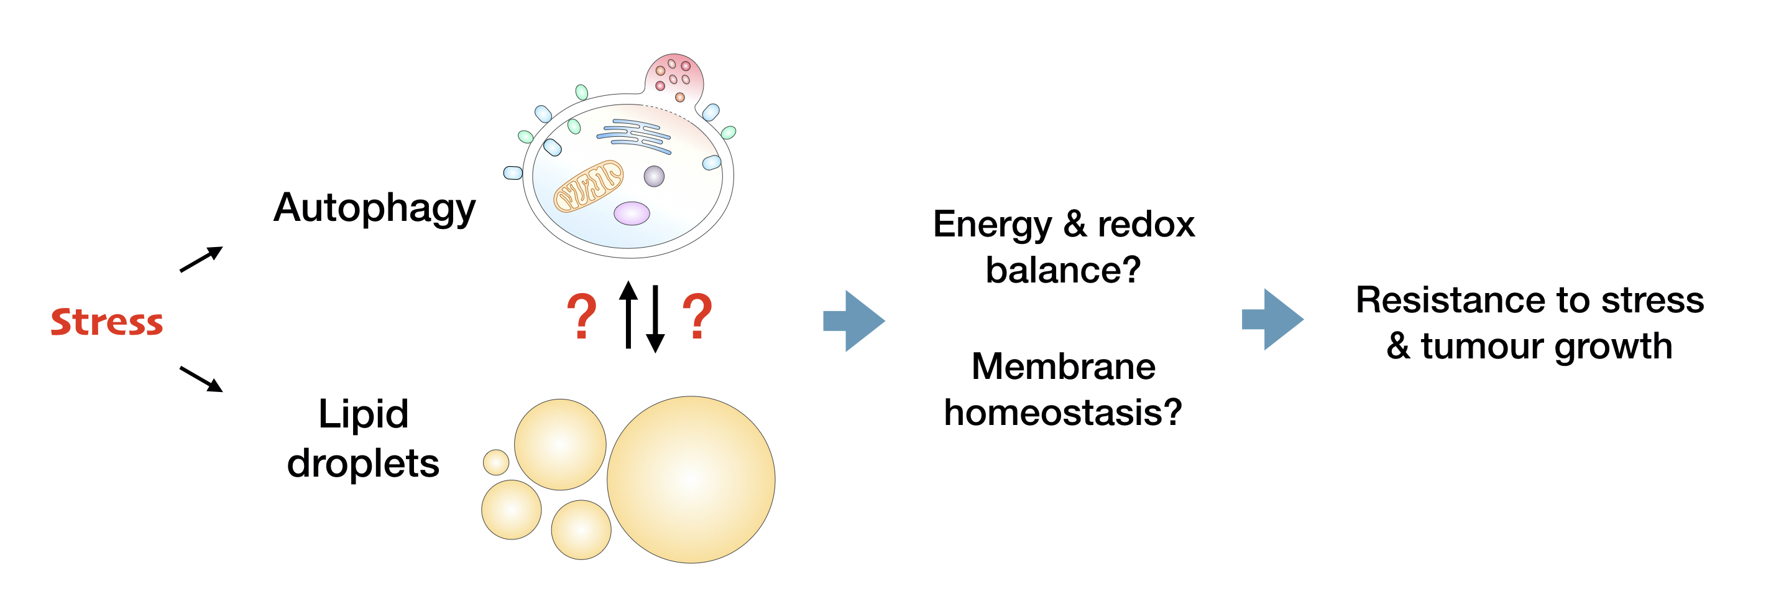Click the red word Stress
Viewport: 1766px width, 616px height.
107,322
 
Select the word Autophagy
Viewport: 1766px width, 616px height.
374,208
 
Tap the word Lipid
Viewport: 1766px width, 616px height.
364,414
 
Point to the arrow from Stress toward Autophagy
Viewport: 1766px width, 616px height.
201,259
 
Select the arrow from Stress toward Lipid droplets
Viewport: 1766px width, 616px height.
201,379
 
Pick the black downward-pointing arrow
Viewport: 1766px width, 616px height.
655,319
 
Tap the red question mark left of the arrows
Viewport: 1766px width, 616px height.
581,316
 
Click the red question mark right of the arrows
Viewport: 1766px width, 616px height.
697,316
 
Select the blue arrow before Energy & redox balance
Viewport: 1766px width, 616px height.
853,320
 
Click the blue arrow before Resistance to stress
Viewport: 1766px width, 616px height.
1272,319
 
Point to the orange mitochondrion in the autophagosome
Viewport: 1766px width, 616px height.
588,186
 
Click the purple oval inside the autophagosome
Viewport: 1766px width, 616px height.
632,213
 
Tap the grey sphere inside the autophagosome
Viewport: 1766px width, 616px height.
654,176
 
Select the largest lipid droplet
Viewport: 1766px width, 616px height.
691,480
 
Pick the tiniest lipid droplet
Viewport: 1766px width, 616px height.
495,462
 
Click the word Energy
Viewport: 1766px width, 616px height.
992,225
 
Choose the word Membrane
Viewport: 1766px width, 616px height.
1064,366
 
